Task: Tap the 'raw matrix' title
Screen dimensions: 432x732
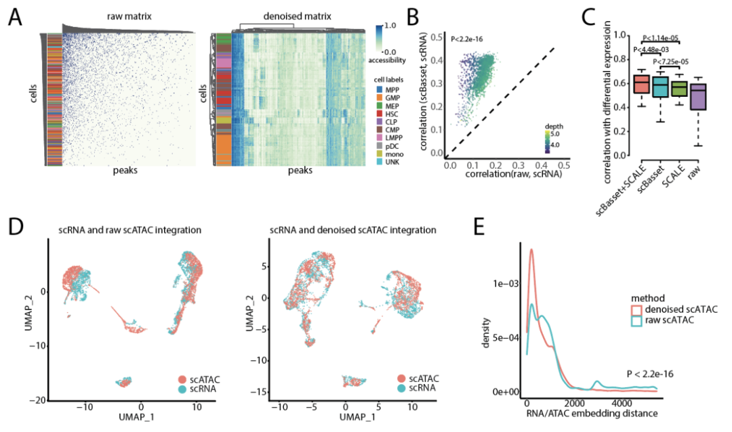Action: [x=129, y=14]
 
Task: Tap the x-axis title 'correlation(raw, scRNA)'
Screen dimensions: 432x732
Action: [x=502, y=175]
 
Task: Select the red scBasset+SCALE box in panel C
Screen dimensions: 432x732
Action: [x=640, y=84]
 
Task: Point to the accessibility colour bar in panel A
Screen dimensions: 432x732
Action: [x=378, y=37]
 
